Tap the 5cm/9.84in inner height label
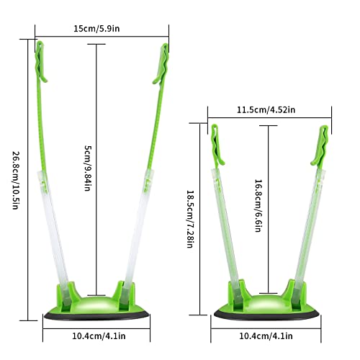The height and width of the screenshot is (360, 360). coord(88,168)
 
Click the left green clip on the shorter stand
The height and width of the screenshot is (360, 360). coord(214,143)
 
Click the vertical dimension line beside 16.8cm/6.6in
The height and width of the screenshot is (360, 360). coord(269,209)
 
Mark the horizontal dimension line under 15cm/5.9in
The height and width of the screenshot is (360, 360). coord(102,36)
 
